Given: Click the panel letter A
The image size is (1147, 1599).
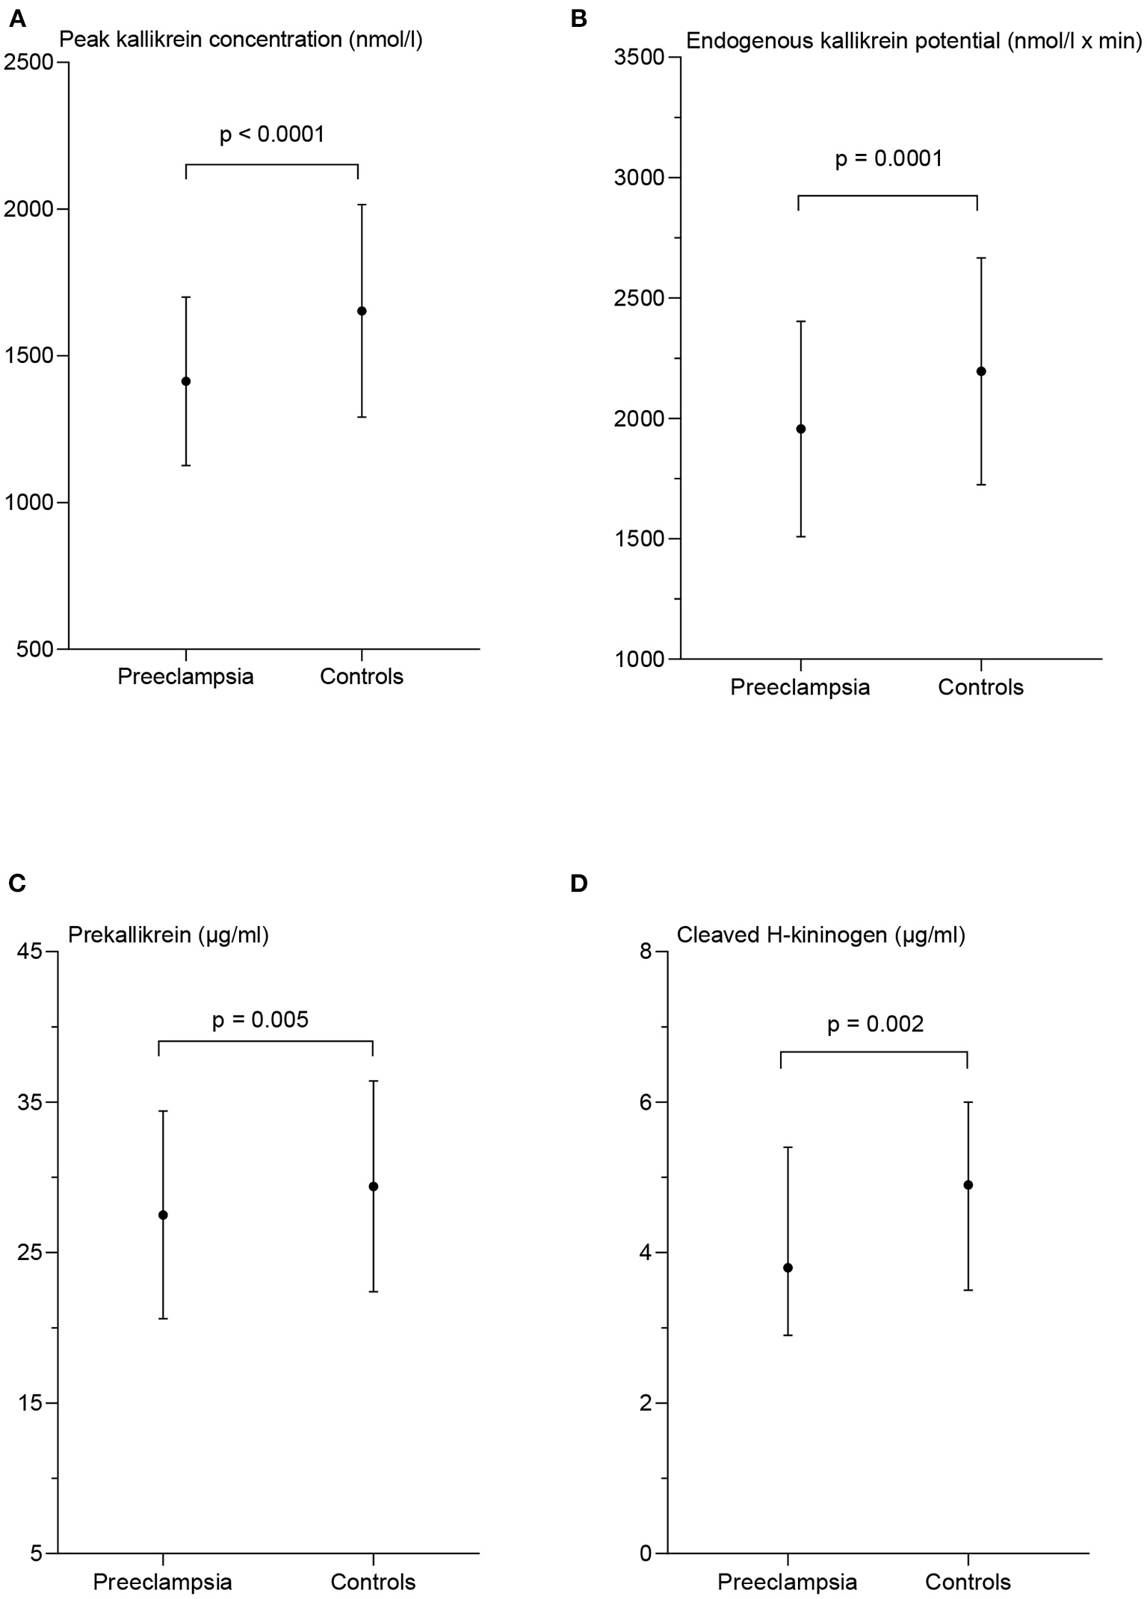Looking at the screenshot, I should [x=17, y=19].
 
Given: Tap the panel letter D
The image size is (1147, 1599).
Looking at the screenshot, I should [x=578, y=884].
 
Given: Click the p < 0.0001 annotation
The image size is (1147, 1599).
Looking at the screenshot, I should [x=272, y=134].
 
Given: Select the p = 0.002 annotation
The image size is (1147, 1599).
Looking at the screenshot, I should [x=875, y=1024].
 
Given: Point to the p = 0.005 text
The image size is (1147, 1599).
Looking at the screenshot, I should [x=260, y=1019].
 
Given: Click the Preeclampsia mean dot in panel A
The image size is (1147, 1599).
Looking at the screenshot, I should [x=186, y=382].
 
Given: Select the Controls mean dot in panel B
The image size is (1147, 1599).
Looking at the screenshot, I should [x=981, y=371].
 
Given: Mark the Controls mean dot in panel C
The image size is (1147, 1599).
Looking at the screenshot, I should [x=374, y=1186].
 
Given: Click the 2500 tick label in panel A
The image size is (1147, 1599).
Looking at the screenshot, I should [x=28, y=63].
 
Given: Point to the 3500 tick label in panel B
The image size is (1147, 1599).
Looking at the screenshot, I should [x=639, y=58].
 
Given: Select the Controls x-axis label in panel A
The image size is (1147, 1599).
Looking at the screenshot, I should [x=362, y=677].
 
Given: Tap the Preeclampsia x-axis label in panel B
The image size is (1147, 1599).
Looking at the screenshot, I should [x=800, y=687].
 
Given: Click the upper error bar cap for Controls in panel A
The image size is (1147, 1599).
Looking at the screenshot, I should [x=362, y=205].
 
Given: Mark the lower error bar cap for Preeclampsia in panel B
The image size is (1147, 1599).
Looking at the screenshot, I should [x=800, y=536].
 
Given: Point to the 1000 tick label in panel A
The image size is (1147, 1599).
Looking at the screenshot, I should [x=28, y=503].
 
